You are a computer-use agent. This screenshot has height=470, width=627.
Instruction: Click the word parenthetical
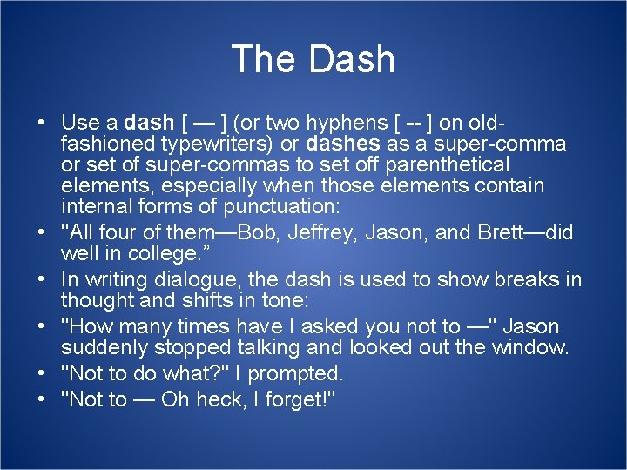[x=447, y=164]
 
